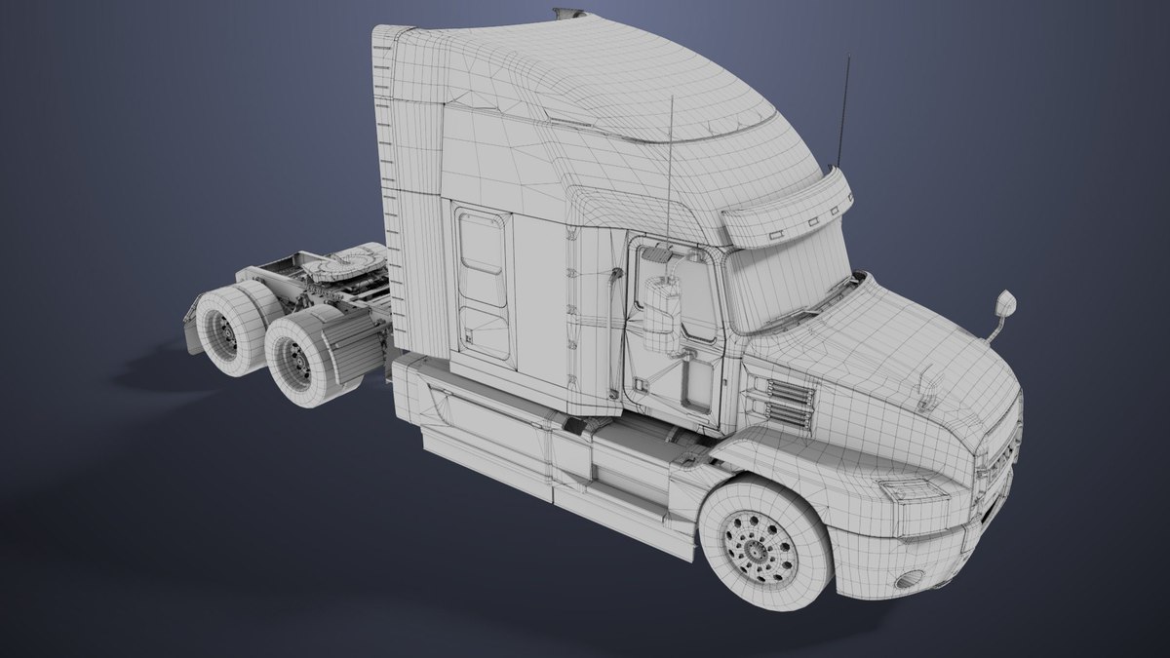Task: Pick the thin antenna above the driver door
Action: coord(671,175)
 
